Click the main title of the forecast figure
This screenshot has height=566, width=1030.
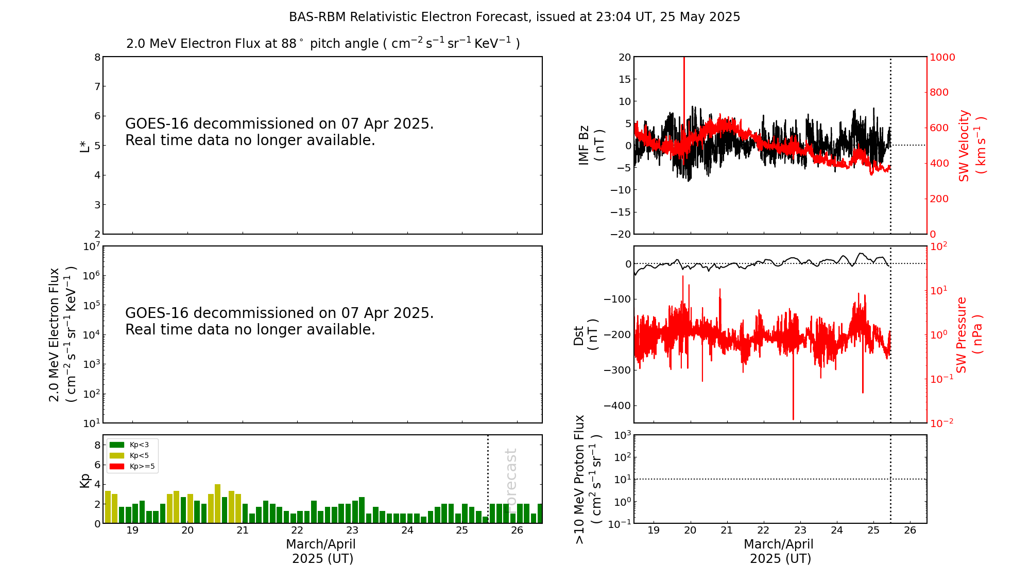coord(514,17)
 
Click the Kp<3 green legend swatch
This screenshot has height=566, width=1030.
coord(117,445)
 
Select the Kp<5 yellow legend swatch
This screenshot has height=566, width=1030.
coord(117,455)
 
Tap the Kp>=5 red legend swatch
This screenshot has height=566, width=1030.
coord(117,467)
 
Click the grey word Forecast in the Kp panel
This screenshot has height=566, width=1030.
coord(510,479)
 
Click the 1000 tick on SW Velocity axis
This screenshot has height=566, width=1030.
coord(942,57)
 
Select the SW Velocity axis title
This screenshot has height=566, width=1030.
coord(971,146)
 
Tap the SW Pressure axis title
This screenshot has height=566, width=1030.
coord(969,334)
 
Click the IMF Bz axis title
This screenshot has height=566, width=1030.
coord(591,145)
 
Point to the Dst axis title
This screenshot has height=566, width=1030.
coord(586,334)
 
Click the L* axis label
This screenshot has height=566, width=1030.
coord(84,145)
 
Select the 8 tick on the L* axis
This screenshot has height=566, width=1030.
coord(97,57)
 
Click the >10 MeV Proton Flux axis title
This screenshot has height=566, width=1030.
coord(588,479)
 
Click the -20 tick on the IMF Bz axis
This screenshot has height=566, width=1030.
coord(620,234)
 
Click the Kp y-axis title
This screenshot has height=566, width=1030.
coord(84,480)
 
